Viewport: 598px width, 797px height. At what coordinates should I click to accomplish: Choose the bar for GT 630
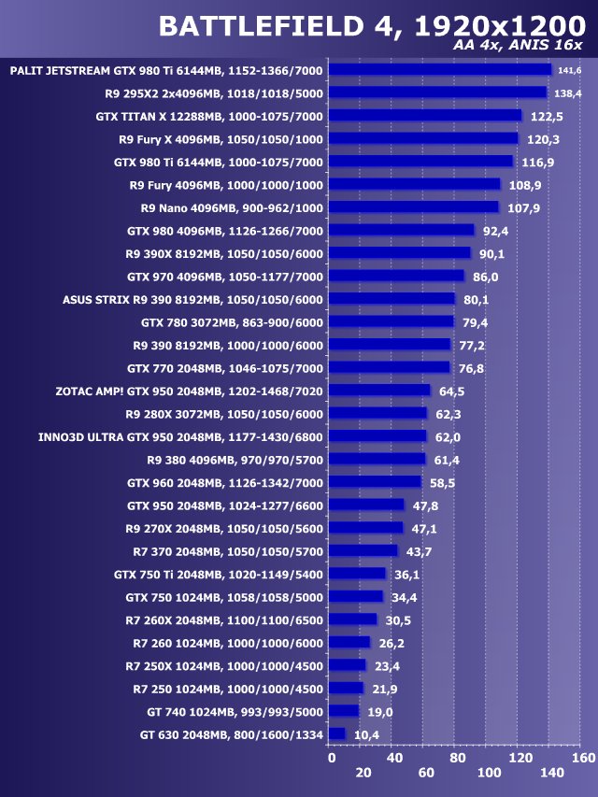point(338,734)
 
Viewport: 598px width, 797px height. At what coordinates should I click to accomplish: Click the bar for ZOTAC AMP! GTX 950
point(380,391)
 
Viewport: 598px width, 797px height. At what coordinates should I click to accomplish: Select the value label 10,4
point(366,735)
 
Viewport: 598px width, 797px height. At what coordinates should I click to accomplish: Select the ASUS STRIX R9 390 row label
point(192,300)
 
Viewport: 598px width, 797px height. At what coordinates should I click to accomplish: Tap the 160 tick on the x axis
point(582,758)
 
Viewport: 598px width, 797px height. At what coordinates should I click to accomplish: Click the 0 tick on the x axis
point(332,758)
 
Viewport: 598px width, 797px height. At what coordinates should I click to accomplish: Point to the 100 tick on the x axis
point(489,774)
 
